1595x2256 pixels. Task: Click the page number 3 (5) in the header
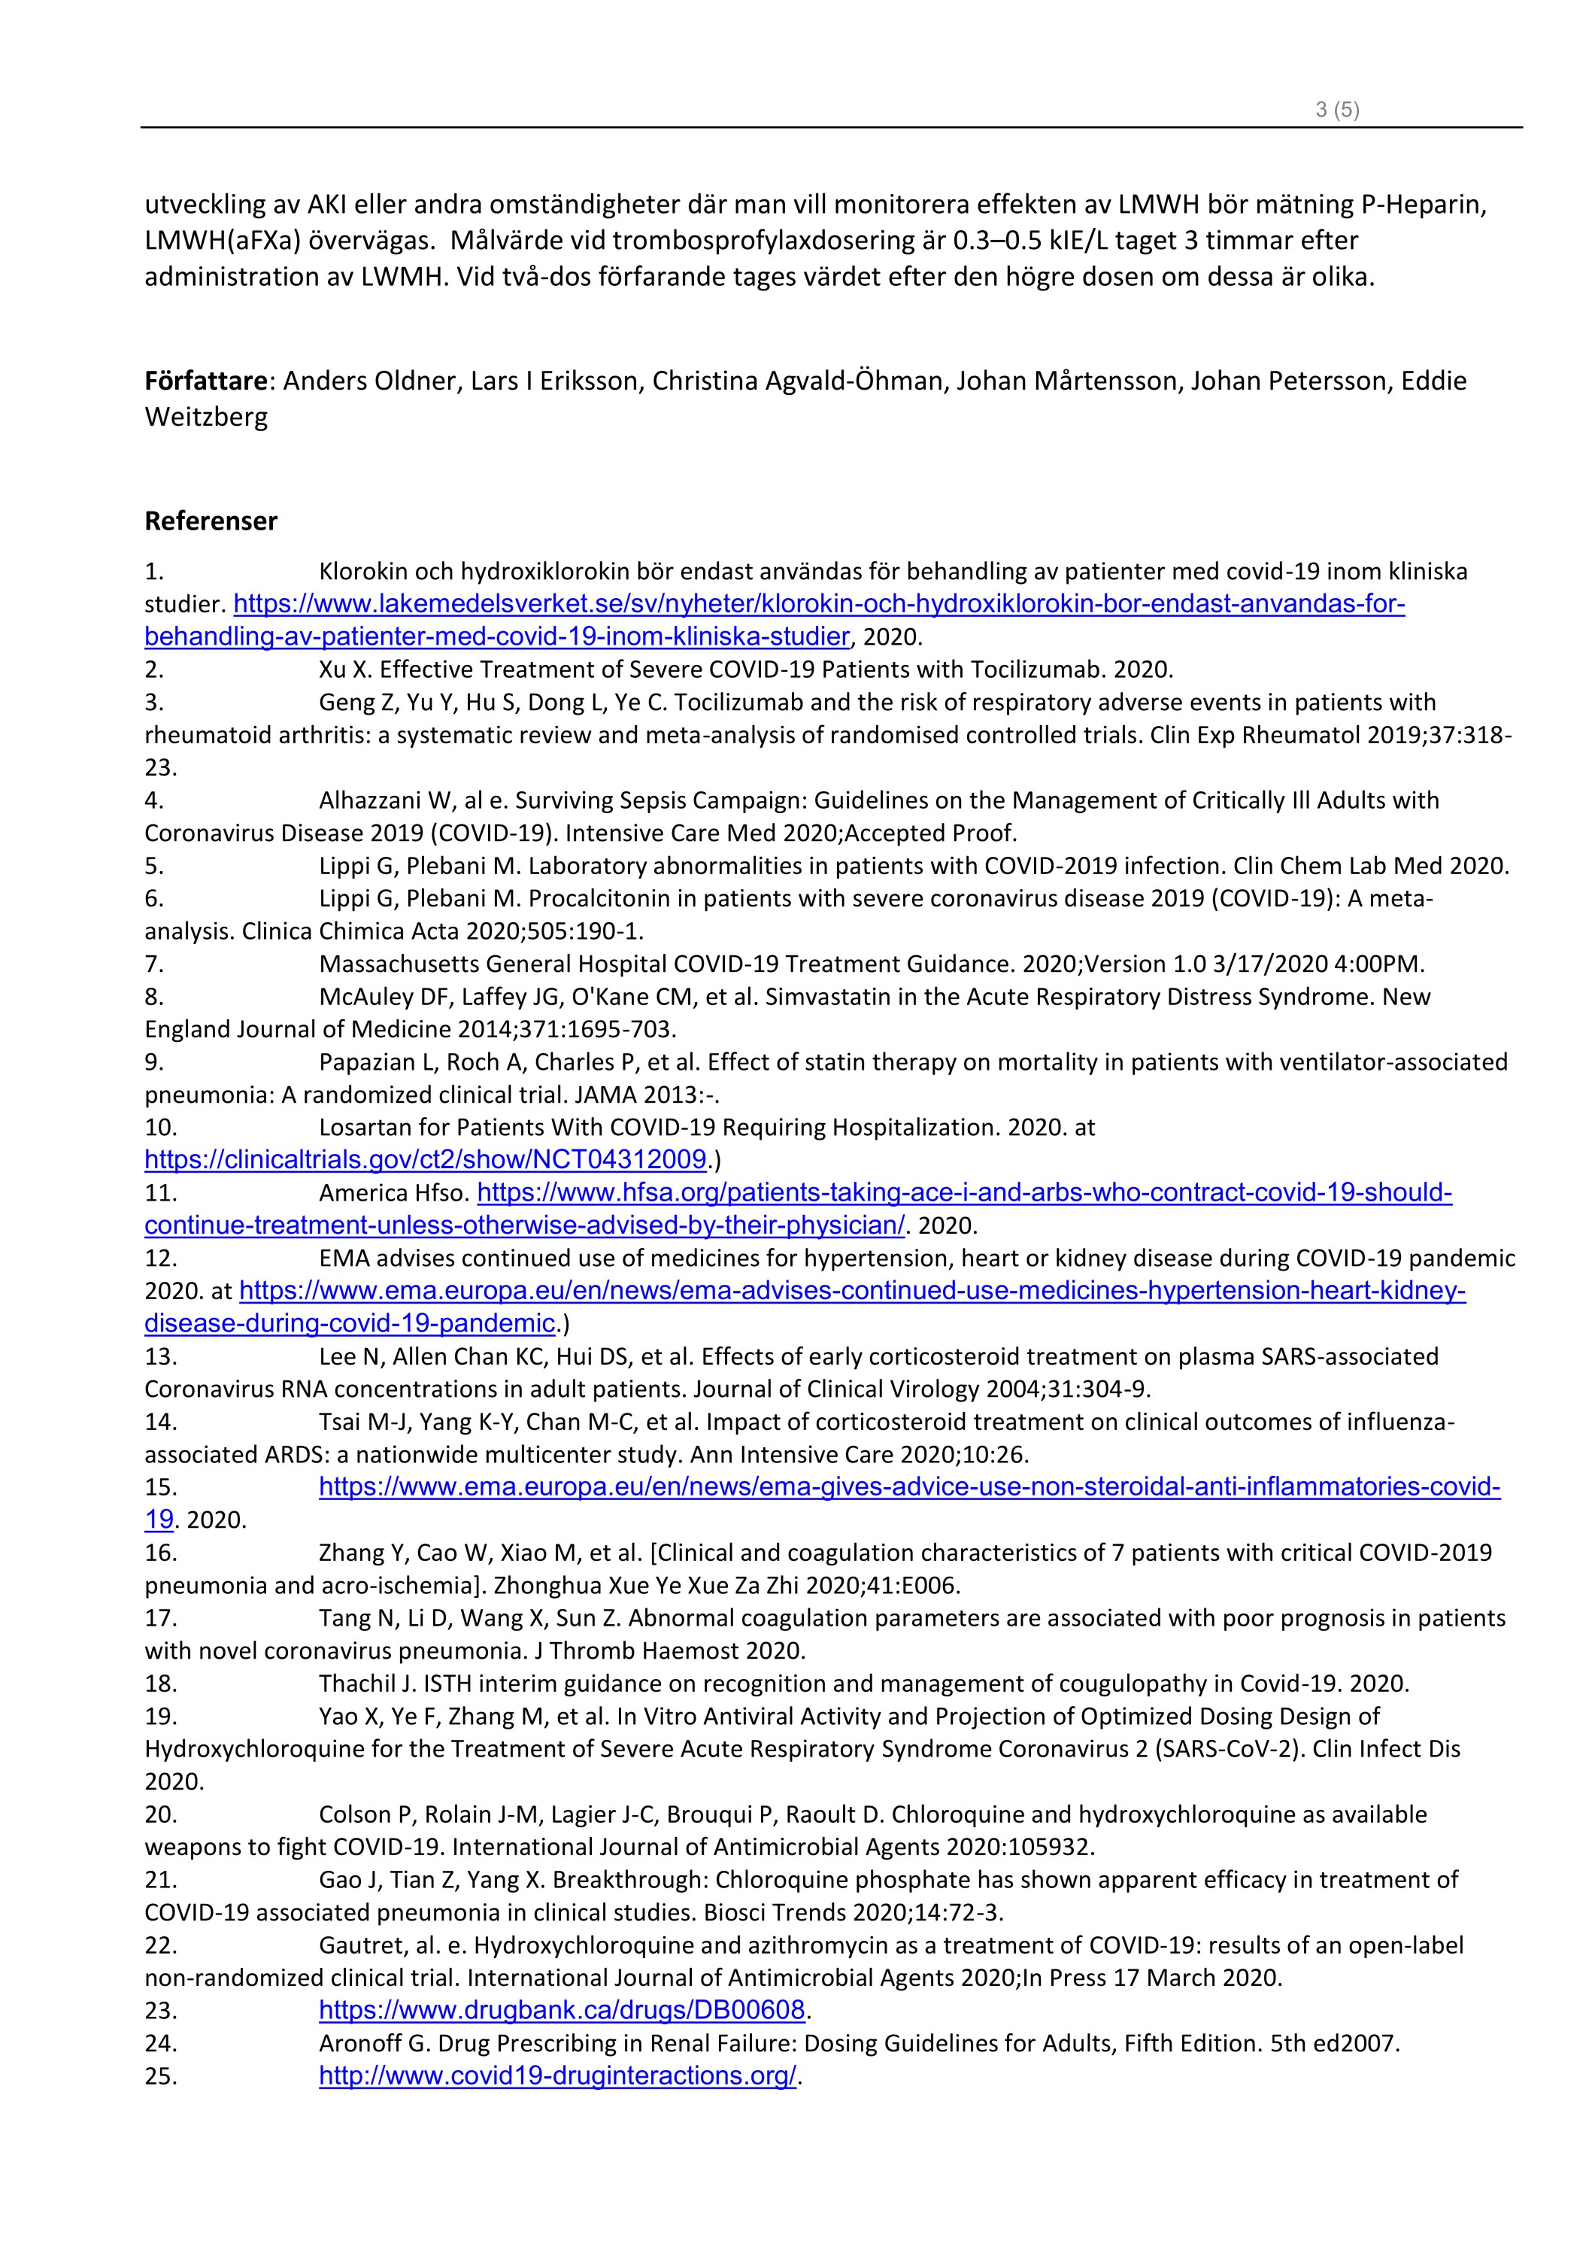pos(1337,110)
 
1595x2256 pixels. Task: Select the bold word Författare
pos(205,381)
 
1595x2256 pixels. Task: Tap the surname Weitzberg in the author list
pos(206,417)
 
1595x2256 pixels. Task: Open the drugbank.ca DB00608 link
pos(562,2010)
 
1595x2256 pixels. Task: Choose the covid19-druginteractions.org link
pos(557,2075)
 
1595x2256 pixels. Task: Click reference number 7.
pos(154,964)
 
